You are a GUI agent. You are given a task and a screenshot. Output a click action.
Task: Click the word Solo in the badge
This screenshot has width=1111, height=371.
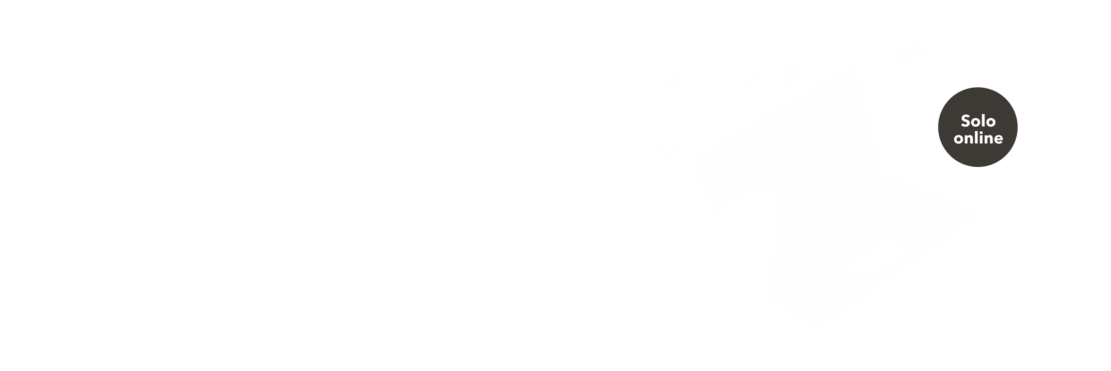click(x=978, y=121)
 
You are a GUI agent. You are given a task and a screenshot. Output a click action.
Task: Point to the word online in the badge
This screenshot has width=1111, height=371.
click(x=978, y=138)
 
